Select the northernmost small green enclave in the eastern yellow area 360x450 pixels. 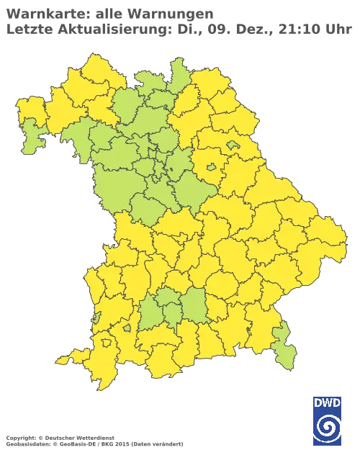pos(233,145)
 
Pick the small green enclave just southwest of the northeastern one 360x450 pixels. pos(211,168)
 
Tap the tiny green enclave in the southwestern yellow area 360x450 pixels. pos(127,328)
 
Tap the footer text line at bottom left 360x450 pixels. pos(94,438)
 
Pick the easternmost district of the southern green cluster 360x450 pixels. pos(194,306)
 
